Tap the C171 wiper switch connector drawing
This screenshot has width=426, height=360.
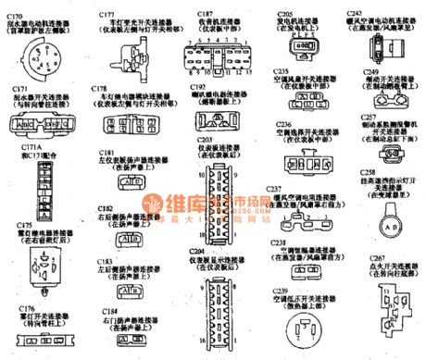[x=35, y=123]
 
